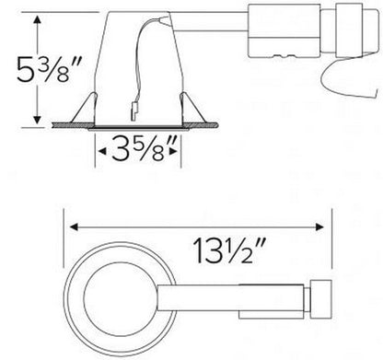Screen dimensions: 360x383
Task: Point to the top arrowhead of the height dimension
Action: (36, 16)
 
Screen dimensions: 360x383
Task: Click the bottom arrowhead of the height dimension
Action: (36, 119)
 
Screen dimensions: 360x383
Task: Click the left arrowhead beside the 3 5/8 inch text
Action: (98, 146)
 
